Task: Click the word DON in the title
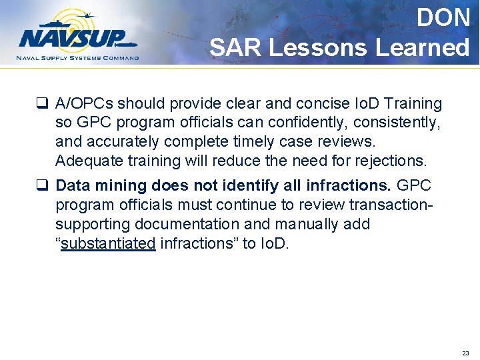click(443, 18)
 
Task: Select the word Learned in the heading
click(422, 47)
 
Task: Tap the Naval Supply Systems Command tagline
click(78, 58)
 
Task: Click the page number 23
click(465, 353)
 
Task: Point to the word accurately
click(126, 142)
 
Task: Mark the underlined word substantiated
click(108, 243)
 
